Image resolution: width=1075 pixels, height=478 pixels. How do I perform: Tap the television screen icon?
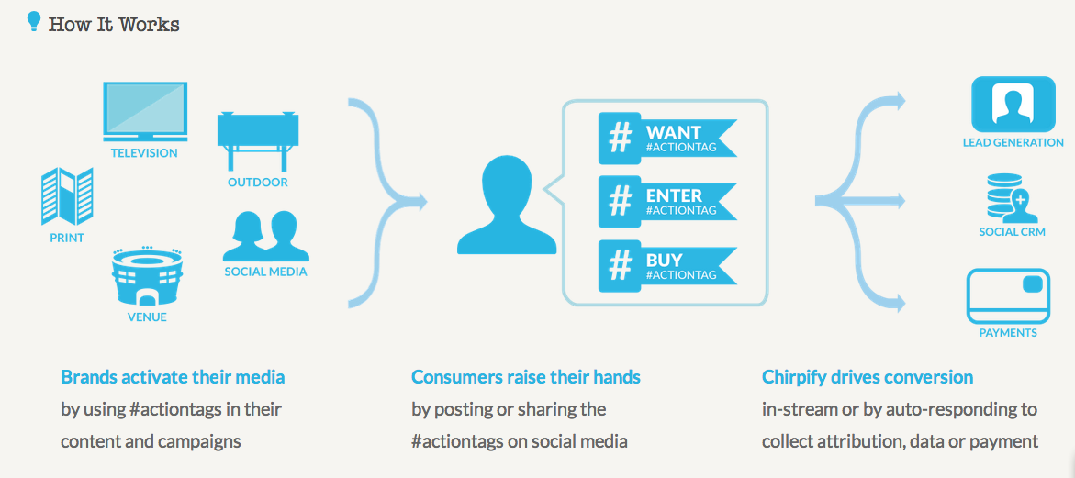(145, 111)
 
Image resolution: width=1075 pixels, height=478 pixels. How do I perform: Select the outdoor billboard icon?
(258, 139)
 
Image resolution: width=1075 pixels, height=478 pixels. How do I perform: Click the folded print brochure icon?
(67, 196)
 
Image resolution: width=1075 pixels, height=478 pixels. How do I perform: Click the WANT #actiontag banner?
(667, 139)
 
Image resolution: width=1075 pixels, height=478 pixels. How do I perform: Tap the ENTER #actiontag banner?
(667, 202)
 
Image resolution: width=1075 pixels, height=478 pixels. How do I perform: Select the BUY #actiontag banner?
(667, 266)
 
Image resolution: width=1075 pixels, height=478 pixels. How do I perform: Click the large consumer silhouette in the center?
(507, 206)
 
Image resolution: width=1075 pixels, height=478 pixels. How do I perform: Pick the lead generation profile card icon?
(1013, 104)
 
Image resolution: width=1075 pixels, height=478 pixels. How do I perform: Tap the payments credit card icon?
(1008, 295)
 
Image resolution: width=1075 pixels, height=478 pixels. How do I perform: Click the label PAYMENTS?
(1008, 334)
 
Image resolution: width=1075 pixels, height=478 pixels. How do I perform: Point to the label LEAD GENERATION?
(1013, 142)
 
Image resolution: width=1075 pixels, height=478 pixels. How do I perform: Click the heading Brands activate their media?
(173, 377)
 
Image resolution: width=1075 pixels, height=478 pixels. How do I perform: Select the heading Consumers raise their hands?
(526, 377)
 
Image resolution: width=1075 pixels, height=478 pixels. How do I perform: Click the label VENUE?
(148, 317)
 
